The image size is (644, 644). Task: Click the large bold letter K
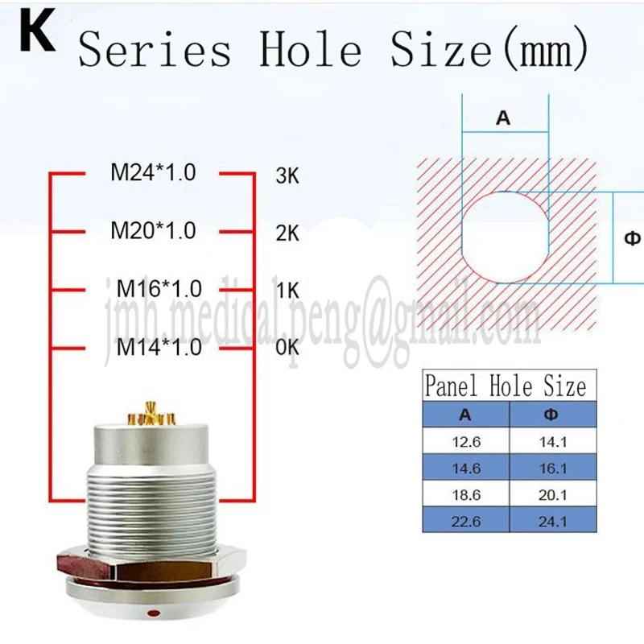coord(37,31)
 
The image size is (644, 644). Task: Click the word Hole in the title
coord(311,49)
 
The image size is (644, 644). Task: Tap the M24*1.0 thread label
coord(153,172)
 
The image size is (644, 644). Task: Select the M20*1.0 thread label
coord(153,230)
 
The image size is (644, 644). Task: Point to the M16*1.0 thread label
coord(159,289)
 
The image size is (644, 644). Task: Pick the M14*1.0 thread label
coord(159,347)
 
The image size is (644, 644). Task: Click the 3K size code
coord(287,175)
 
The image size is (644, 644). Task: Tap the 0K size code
coord(287,348)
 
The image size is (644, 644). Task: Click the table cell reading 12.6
coord(466,442)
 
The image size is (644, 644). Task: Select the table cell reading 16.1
coord(553,469)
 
